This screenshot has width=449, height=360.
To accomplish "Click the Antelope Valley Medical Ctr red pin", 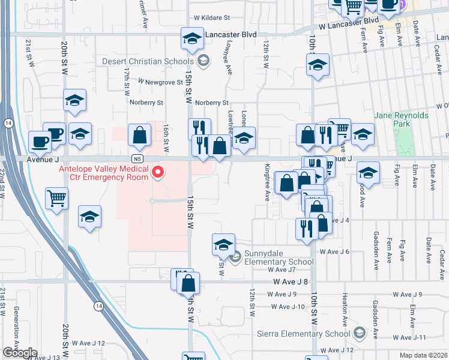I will [158, 173].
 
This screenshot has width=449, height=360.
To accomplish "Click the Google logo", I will [19, 353].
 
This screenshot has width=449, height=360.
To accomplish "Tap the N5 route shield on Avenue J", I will [138, 158].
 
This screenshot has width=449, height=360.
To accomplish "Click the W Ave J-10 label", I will [288, 307].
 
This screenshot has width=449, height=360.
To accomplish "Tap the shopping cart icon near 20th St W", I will [56, 197].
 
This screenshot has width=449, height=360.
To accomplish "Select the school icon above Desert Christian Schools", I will [191, 38].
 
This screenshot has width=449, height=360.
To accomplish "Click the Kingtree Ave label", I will [266, 181].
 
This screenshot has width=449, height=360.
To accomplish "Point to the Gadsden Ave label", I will [375, 314].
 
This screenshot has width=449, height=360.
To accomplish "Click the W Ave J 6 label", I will [334, 251].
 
